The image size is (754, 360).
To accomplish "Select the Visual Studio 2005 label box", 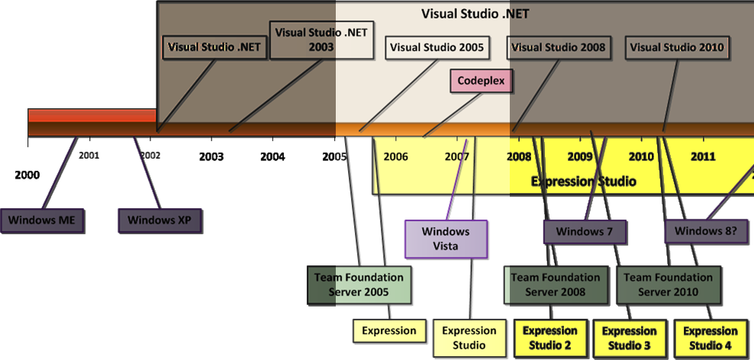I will point(437,47).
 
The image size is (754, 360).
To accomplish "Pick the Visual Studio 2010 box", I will point(676,47).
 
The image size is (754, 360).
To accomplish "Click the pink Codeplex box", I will point(481,80).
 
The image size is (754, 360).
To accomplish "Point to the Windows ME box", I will point(42,220).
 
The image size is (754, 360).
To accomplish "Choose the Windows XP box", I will point(159,220).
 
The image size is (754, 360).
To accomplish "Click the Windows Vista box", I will point(446,239).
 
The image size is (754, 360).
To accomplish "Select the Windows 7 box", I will point(585,231).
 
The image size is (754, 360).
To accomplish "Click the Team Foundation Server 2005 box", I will point(359,284).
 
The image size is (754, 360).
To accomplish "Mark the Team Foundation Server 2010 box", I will point(668,284).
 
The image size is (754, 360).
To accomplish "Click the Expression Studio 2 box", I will point(550,338).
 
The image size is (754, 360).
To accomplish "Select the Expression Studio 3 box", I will point(629,338).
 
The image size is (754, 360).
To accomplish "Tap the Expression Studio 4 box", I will point(710,338).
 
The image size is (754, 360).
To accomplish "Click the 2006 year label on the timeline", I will point(395,157).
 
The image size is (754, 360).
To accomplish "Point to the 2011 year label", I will point(702,157).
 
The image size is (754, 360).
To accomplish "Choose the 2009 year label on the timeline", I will point(580,157).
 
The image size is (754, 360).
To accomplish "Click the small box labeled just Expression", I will point(389,331).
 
